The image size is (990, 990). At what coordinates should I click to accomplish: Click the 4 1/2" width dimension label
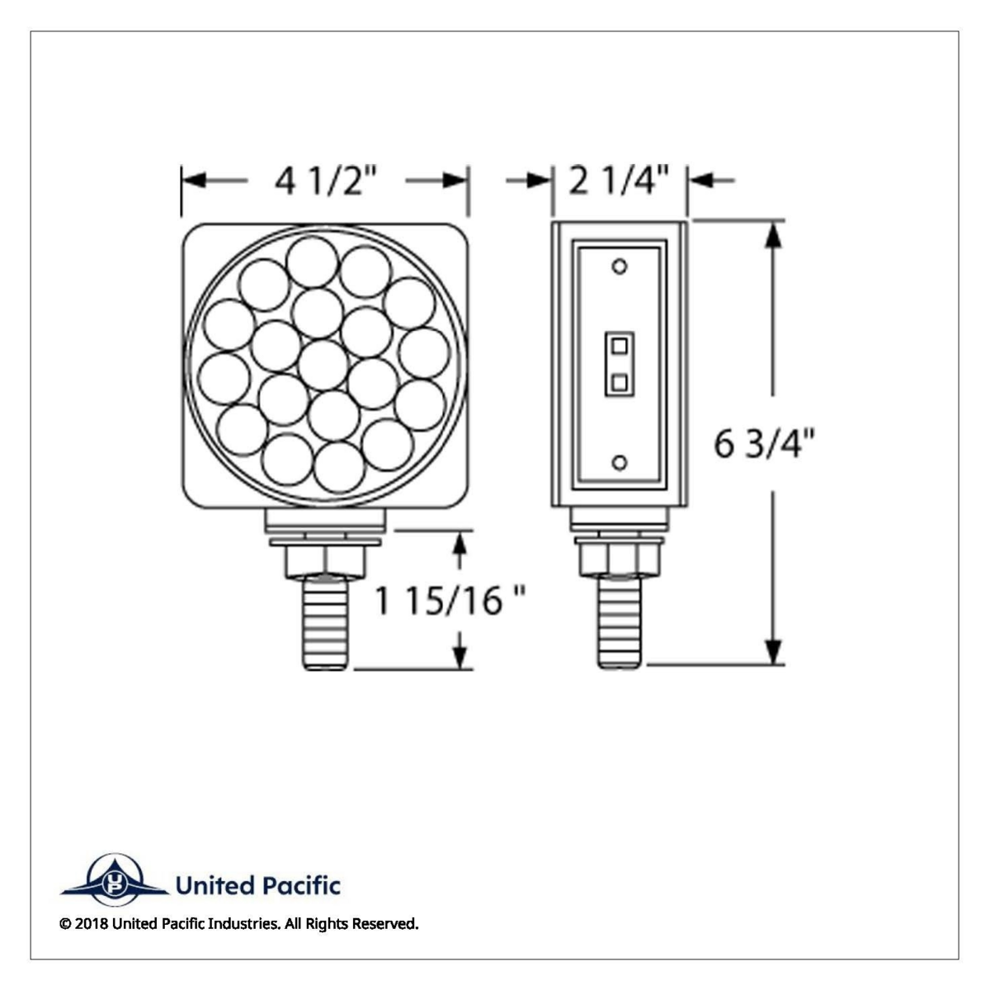pos(326,181)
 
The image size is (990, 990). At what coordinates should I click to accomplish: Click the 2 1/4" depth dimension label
pos(619,181)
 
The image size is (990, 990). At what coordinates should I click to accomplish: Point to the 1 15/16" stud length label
pos(450,601)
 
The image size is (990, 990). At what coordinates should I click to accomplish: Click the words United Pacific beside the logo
pos(257,886)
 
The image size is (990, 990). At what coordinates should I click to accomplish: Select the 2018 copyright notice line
pos(239,924)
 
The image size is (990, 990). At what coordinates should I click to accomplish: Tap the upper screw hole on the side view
pos(620,266)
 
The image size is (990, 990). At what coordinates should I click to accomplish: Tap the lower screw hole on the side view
pos(620,462)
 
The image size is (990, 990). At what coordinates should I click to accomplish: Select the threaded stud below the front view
pos(328,623)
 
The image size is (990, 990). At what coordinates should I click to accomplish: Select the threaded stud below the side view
pos(619,623)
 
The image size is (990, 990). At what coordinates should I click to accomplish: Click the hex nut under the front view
pos(326,562)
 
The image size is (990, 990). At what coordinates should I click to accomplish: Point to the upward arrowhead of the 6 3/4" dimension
pos(772,235)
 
